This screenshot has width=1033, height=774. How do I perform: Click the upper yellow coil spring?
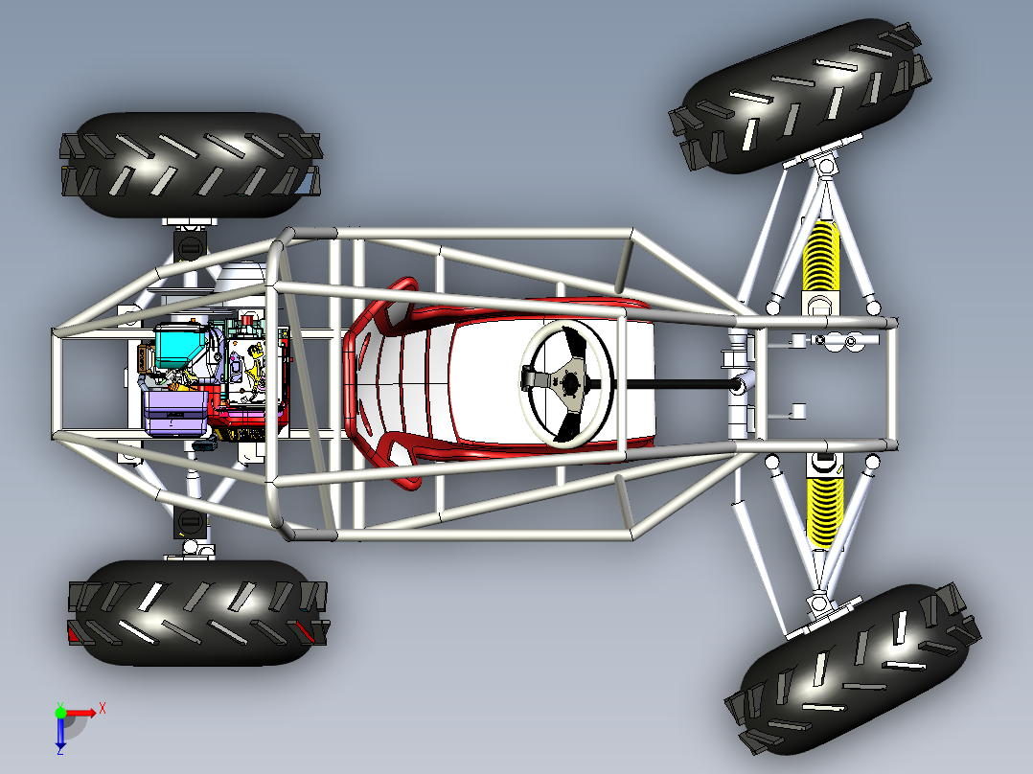[x=821, y=257]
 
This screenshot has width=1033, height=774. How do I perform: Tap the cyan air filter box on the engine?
[x=180, y=347]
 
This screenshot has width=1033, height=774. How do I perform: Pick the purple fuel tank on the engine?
[x=175, y=412]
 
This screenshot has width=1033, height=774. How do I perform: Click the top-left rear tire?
[x=191, y=165]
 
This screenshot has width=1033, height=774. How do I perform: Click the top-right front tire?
[x=800, y=96]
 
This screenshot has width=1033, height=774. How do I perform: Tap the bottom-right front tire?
[x=853, y=669]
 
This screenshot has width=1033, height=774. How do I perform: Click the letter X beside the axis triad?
[x=103, y=709]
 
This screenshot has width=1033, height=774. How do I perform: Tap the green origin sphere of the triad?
[x=60, y=713]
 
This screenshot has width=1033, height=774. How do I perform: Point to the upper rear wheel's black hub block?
[x=190, y=245]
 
